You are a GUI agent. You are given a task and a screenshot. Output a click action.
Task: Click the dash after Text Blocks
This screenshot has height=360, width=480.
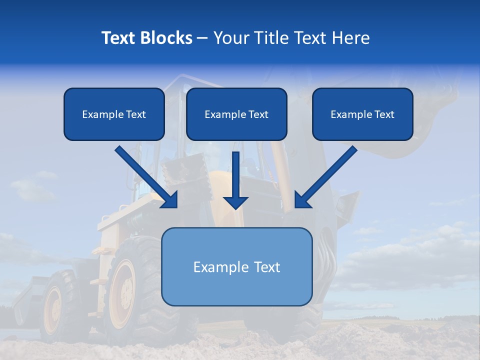[202, 38]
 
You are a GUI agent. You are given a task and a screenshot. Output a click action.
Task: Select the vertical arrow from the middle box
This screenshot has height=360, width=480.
[235, 180]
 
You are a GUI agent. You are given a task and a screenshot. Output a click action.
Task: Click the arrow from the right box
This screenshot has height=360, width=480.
[325, 177]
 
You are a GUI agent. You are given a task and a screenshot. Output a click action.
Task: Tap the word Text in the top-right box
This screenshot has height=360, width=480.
[384, 114]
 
